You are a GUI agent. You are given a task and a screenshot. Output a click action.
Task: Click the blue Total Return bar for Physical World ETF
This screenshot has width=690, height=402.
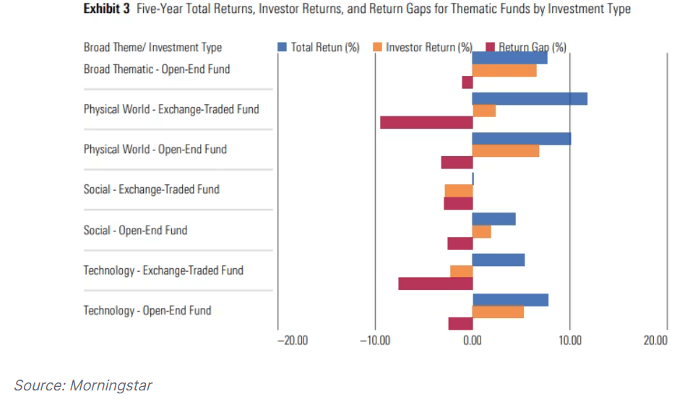530,98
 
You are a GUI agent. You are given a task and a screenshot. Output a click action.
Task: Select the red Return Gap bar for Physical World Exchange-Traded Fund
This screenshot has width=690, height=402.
426,122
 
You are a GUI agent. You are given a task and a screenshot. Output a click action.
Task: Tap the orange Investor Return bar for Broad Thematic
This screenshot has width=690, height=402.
504,70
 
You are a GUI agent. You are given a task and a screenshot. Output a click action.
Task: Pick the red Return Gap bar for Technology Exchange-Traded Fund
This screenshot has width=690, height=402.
436,283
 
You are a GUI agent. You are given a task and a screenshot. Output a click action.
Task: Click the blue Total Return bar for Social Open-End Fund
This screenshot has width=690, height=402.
494,219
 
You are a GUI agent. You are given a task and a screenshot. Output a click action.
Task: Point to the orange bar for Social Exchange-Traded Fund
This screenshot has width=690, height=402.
459,190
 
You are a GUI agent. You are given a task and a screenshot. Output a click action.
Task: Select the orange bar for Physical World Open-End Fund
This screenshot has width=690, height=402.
506,150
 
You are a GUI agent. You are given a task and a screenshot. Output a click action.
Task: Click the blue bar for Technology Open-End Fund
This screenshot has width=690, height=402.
510,299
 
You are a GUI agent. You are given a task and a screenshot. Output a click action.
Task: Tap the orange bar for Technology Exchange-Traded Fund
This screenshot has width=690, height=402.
462,271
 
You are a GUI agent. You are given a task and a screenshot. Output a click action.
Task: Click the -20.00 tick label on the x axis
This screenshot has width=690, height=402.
293,341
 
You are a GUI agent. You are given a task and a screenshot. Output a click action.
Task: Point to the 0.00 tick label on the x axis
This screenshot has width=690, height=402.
473,341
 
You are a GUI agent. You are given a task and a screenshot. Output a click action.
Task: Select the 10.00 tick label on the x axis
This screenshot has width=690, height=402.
570,341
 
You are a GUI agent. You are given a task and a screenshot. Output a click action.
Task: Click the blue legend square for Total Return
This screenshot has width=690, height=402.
283,48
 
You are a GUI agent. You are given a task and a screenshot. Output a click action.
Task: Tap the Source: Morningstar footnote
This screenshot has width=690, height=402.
83,385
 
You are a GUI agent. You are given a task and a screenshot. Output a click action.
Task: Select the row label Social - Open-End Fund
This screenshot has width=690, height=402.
135,230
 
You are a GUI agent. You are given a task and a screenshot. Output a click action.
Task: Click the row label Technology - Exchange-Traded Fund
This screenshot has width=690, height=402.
163,270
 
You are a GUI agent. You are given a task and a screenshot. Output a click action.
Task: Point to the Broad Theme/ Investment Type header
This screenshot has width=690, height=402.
152,48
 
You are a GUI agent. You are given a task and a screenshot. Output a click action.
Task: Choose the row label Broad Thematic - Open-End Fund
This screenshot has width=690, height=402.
157,69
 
